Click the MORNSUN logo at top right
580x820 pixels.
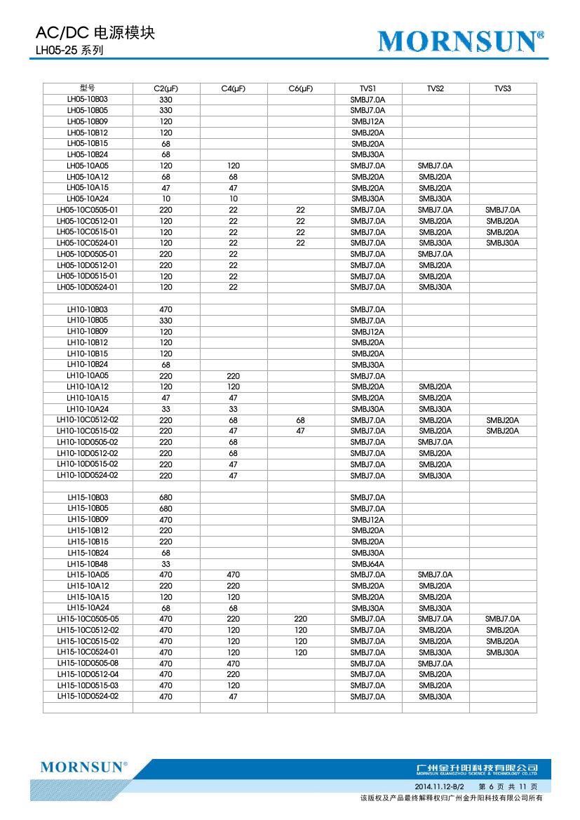pos(461,43)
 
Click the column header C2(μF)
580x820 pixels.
pos(166,88)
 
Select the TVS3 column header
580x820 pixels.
pos(503,88)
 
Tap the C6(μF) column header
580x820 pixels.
pos(300,88)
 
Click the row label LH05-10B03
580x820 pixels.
pos(88,100)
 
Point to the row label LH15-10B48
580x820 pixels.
pos(88,564)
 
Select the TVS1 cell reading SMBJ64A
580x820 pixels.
pos(367,564)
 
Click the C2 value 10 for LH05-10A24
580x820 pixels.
pos(166,199)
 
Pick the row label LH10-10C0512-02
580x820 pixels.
pos(88,420)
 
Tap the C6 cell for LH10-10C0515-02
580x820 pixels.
pos(300,431)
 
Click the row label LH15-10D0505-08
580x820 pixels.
pos(88,664)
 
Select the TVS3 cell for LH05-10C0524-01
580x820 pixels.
pos(503,243)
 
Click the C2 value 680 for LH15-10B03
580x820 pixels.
pos(166,497)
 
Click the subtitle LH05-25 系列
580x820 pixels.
pos(70,51)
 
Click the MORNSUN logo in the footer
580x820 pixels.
pos(83,767)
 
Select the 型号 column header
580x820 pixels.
pos(88,88)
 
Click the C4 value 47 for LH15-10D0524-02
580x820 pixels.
pos(234,697)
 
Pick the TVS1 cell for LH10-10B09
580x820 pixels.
pos(367,332)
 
